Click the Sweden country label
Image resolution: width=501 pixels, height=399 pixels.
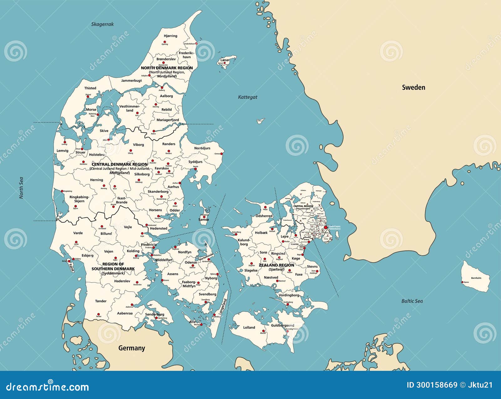tap(413, 88)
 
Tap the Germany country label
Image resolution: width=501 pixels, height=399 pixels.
tap(132, 348)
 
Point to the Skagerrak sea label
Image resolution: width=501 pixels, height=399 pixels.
tap(102, 24)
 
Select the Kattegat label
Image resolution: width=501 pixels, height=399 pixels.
tap(247, 97)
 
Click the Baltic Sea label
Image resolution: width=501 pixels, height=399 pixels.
tap(412, 301)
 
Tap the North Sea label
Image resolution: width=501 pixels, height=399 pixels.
tap(21, 188)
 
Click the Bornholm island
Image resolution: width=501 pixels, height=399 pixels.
tap(476, 277)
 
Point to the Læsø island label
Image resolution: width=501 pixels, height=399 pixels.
tap(225, 60)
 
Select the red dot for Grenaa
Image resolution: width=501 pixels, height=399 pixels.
tap(222, 154)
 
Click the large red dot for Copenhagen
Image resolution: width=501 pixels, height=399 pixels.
tap(326, 228)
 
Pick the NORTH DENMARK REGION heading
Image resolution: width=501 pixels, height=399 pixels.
tap(167, 68)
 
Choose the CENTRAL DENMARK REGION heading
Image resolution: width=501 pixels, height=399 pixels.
tap(119, 164)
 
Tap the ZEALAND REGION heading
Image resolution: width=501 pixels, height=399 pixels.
tap(276, 265)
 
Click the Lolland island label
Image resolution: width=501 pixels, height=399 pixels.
tap(249, 327)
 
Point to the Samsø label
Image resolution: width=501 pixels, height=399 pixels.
tap(204, 220)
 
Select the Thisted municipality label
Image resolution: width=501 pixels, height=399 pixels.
tap(90, 88)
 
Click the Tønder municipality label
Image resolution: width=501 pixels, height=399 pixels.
tap(101, 301)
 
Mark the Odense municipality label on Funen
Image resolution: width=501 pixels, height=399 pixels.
tap(191, 263)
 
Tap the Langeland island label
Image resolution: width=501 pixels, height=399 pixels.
tap(223, 306)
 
